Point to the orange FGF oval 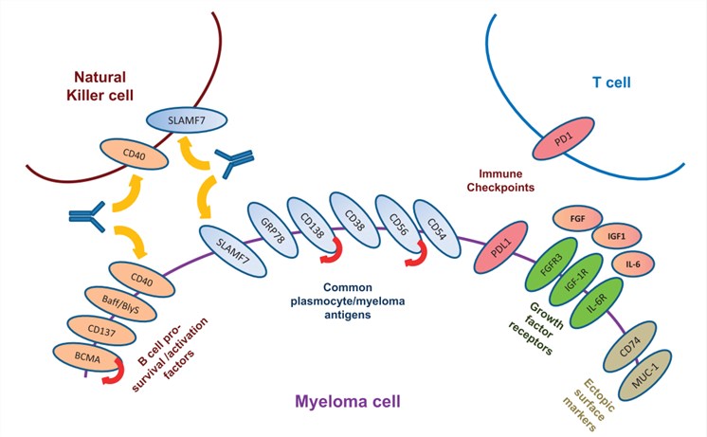[576, 217]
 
